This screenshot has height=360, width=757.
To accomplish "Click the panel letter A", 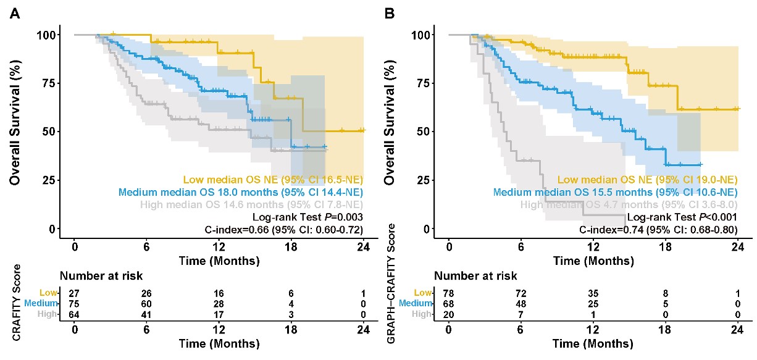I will click(14, 12).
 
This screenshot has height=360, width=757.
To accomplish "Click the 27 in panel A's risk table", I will click(75, 293).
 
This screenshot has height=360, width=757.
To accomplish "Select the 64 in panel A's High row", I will click(75, 315).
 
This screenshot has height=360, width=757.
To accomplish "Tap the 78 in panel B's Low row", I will click(449, 293).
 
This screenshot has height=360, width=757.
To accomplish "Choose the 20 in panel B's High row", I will click(449, 315).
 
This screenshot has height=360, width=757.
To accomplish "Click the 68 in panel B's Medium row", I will click(449, 304).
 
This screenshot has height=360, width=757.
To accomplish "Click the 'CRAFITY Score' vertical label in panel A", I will click(17, 302).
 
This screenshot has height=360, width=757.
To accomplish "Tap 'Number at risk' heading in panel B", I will click(475, 276).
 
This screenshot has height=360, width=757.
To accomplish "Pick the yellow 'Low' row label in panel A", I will click(47, 293).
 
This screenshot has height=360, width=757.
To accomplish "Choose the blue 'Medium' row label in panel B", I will click(413, 304).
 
